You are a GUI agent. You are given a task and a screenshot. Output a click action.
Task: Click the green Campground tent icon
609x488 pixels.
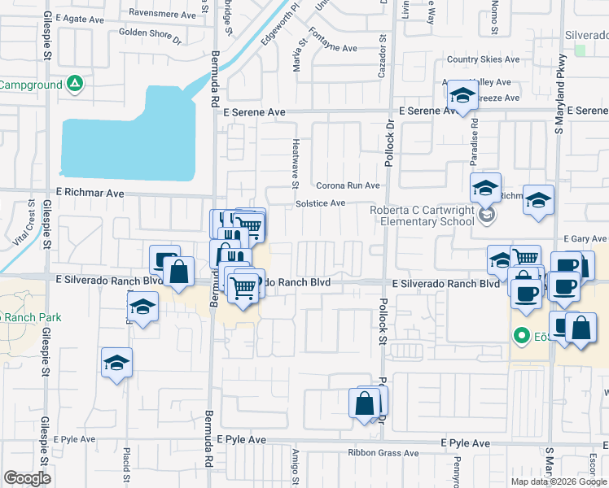[74, 84]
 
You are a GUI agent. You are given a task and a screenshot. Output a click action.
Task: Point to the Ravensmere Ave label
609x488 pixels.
[163, 14]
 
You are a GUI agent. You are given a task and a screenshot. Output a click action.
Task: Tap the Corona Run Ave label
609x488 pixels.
[348, 185]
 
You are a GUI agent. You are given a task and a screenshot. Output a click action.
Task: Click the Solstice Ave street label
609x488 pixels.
[321, 203]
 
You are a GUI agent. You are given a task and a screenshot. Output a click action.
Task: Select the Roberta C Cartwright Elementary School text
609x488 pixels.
[421, 215]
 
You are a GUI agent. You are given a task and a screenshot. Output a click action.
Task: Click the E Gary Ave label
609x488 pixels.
[585, 238]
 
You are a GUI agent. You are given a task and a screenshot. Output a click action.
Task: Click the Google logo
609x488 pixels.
[27, 478]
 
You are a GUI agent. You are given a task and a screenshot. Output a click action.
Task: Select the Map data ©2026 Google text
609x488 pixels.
[559, 481]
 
